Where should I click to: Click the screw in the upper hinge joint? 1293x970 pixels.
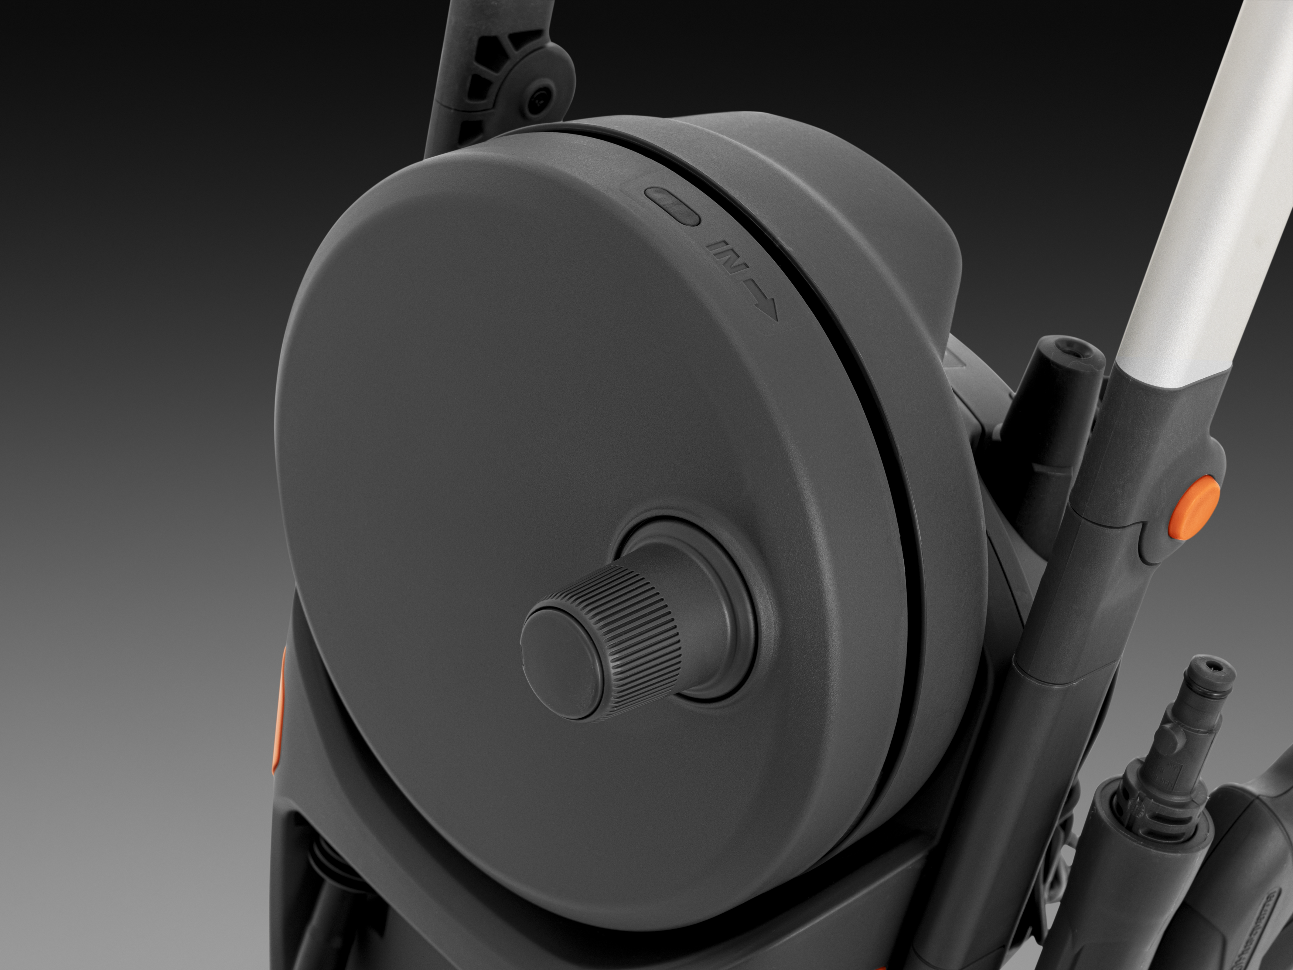(535, 105)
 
